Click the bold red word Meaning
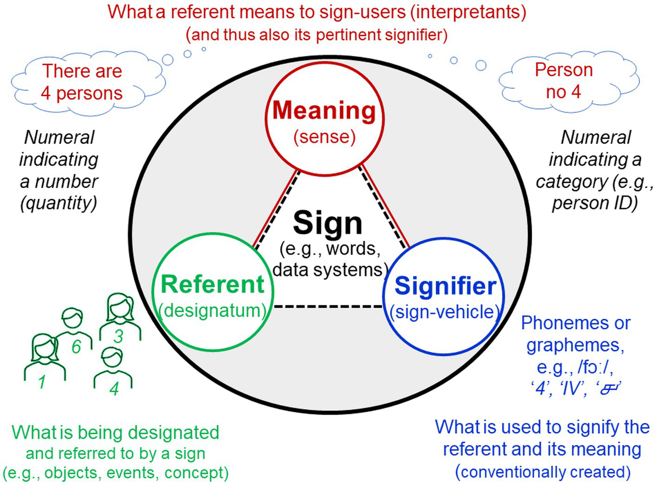pyautogui.click(x=324, y=111)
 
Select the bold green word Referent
pyautogui.click(x=212, y=284)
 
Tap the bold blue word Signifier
pyautogui.click(x=445, y=286)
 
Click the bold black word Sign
pyautogui.click(x=328, y=223)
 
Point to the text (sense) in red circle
pyautogui.click(x=324, y=137)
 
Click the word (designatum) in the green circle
pyautogui.click(x=212, y=310)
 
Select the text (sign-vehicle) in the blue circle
pyautogui.click(x=444, y=312)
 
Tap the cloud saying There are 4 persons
pyautogui.click(x=82, y=83)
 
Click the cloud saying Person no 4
pyautogui.click(x=563, y=81)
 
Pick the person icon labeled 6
pyautogui.click(x=73, y=324)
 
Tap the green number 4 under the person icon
pyautogui.click(x=114, y=388)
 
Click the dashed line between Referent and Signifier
pyautogui.click(x=328, y=306)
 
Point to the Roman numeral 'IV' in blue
pyautogui.click(x=572, y=388)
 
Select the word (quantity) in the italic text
pyautogui.click(x=58, y=203)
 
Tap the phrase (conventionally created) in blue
pyautogui.click(x=542, y=472)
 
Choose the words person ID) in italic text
pyautogui.click(x=594, y=203)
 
